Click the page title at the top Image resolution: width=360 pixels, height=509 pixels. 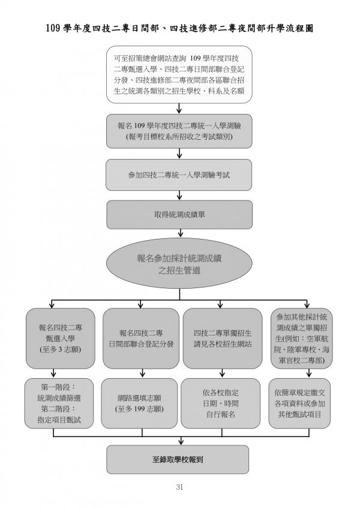179,29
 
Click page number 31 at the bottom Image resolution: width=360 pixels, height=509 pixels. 179,487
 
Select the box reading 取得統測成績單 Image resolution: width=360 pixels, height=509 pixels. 179,214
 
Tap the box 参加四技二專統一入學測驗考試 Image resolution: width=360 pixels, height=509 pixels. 179,175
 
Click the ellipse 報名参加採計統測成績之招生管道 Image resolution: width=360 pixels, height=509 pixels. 179,264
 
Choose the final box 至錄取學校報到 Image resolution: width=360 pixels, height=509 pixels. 178,459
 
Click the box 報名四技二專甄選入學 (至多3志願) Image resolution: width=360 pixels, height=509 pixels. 61,339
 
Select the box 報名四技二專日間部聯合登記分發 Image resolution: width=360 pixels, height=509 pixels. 141,339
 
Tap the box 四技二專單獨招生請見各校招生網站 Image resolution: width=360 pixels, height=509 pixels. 223,339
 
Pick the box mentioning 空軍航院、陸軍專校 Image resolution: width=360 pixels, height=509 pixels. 302,339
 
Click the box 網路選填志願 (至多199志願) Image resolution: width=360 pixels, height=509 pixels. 139,403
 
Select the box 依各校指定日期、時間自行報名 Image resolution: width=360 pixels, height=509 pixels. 220,403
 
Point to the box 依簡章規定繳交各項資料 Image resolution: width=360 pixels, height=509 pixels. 299,403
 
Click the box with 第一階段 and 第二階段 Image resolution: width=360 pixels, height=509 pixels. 59,403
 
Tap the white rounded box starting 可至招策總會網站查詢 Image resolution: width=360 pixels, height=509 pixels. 179,74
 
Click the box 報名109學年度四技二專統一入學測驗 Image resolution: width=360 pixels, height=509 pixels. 179,131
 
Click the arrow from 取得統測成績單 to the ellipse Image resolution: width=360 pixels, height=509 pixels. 181,233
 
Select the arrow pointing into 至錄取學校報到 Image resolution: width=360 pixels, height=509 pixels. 181,441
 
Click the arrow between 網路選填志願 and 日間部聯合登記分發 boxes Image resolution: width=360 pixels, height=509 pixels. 142,373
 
